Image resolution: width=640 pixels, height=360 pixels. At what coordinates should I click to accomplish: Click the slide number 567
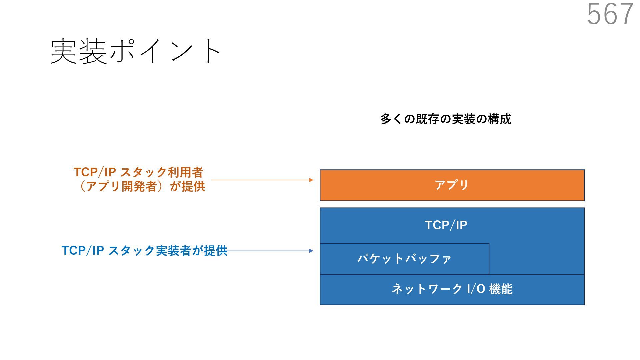610,14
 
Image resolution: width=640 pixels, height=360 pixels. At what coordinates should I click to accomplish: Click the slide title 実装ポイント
135,51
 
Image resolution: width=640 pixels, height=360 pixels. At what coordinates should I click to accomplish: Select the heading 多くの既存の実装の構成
446,119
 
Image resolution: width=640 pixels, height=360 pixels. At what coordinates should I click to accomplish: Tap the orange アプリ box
452,185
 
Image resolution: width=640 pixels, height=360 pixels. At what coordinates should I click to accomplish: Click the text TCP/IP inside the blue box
446,225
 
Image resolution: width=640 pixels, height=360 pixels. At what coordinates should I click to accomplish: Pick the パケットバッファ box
404,259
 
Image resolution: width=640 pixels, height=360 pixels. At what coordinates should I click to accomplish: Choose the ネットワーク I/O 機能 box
452,289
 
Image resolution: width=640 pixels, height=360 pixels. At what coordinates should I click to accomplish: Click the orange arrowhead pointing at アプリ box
311,180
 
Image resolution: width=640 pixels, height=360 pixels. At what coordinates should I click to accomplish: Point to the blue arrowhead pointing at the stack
311,251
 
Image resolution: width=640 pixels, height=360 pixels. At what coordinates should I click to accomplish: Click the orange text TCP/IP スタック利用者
138,172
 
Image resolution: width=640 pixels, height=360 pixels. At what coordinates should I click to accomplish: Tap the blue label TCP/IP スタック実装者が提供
144,251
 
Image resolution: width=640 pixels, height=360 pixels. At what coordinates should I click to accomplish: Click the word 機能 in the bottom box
501,289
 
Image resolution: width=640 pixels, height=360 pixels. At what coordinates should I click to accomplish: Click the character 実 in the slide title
64,51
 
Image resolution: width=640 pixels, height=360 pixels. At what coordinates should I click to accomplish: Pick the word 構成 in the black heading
499,119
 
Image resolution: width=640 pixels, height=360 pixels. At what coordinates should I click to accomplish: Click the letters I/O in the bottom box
476,289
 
